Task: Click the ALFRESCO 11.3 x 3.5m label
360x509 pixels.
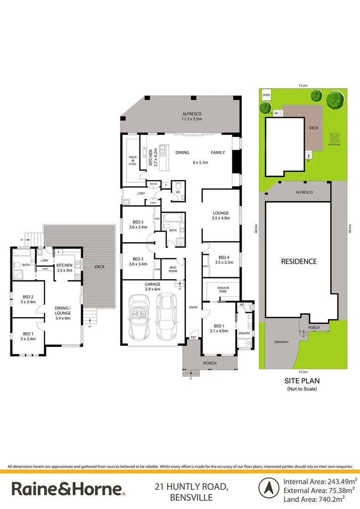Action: point(192,116)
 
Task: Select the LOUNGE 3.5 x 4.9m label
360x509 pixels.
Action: point(221,215)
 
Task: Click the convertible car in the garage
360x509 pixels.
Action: point(139,318)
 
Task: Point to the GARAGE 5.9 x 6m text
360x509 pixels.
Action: point(152,287)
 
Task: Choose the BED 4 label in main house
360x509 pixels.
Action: point(224,260)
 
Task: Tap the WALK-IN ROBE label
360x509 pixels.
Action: point(223,289)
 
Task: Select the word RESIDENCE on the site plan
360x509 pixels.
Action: point(299,261)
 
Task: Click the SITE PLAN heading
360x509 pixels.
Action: point(302,381)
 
